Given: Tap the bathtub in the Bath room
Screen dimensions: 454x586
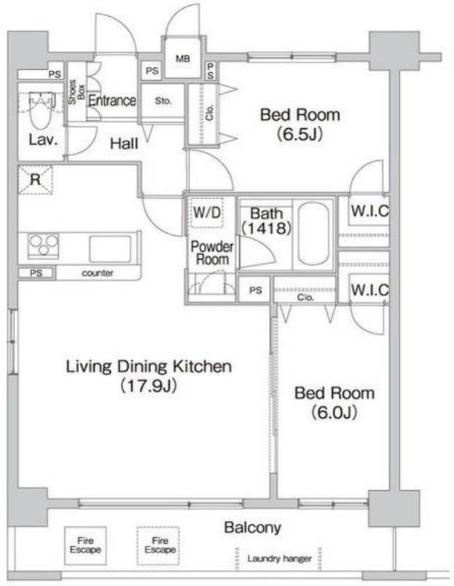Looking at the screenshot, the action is tap(313, 234).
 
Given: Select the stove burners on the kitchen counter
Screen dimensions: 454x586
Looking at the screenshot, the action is tap(44, 245).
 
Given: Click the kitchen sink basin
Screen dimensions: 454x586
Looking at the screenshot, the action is tap(110, 248).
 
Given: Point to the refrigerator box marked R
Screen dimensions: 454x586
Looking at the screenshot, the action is tap(35, 179).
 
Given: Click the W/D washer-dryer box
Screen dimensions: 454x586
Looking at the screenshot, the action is tap(207, 213).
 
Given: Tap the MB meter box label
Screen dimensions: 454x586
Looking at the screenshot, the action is tap(183, 59).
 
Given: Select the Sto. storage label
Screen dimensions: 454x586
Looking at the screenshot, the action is tap(163, 100).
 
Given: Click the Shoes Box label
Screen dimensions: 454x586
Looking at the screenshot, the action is tap(77, 92).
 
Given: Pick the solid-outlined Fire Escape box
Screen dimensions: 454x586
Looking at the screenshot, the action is tap(85, 545).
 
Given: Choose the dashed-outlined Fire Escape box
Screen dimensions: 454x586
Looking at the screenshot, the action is tap(158, 545).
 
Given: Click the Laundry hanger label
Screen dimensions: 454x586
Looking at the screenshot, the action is tap(279, 559).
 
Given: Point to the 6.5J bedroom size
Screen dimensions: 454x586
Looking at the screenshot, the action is tap(300, 134).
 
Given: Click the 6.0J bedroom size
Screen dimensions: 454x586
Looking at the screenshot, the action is tap(334, 412).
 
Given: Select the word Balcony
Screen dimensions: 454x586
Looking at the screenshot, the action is tap(253, 528).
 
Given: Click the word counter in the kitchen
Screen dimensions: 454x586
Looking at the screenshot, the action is tap(98, 273).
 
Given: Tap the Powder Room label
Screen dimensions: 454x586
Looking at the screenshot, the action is tap(212, 253).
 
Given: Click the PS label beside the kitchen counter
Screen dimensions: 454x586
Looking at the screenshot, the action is tap(36, 273).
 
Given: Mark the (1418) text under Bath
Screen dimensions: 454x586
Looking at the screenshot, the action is tap(266, 228).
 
